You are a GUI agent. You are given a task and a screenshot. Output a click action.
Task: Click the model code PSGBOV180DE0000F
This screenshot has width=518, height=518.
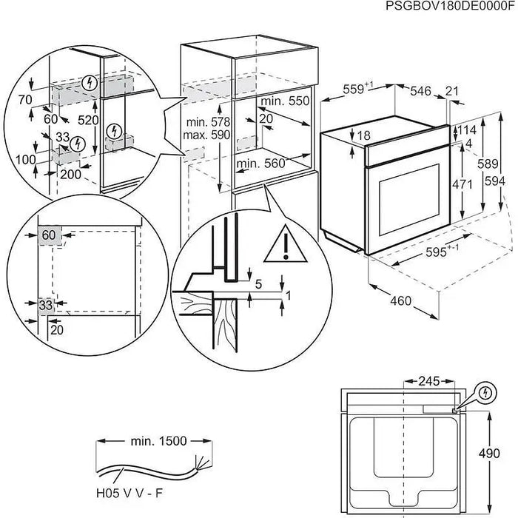tap(449, 7)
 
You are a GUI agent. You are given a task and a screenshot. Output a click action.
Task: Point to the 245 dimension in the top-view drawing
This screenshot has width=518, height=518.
tap(426, 382)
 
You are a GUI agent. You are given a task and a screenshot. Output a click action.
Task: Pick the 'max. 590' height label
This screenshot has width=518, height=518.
tap(188, 135)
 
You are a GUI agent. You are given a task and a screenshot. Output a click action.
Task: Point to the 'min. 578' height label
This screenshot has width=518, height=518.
tap(188, 121)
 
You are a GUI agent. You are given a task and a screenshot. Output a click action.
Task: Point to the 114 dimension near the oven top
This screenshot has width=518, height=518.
tap(466, 129)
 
